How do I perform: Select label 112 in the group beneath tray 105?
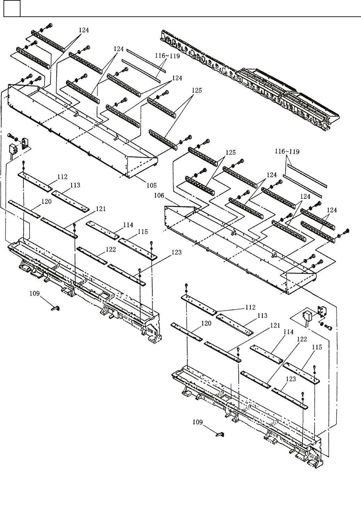[63, 177]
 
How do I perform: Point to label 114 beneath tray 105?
[128, 225]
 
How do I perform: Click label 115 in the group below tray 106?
[317, 347]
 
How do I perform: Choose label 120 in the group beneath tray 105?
[47, 201]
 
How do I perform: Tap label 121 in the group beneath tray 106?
[275, 325]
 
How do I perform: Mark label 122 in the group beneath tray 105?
[111, 250]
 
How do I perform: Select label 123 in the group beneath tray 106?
[290, 379]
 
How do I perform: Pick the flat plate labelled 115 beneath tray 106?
[301, 372]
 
